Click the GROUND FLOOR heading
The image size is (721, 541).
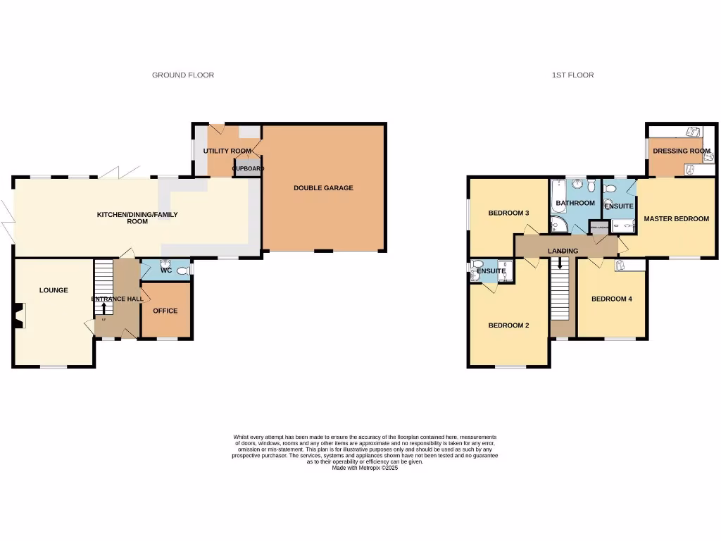[x=183, y=75]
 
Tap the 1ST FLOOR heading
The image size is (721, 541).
[x=573, y=75]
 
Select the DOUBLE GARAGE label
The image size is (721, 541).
[x=323, y=188]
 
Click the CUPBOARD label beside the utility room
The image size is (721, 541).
[x=248, y=169]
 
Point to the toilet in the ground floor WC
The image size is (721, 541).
[x=184, y=270]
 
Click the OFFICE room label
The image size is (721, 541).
[x=165, y=311]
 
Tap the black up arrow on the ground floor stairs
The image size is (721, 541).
[x=104, y=308]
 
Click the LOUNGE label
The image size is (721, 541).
[x=54, y=290]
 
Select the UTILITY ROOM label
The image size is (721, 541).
[x=227, y=151]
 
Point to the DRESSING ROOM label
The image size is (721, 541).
[x=681, y=151]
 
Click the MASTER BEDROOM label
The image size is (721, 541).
[x=676, y=218]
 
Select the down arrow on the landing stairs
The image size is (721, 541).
[x=560, y=263]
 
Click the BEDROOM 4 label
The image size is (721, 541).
[x=611, y=299]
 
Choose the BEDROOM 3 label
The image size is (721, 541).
[x=508, y=213]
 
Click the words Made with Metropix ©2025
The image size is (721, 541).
[x=365, y=468]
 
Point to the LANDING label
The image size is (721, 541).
[x=563, y=251]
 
